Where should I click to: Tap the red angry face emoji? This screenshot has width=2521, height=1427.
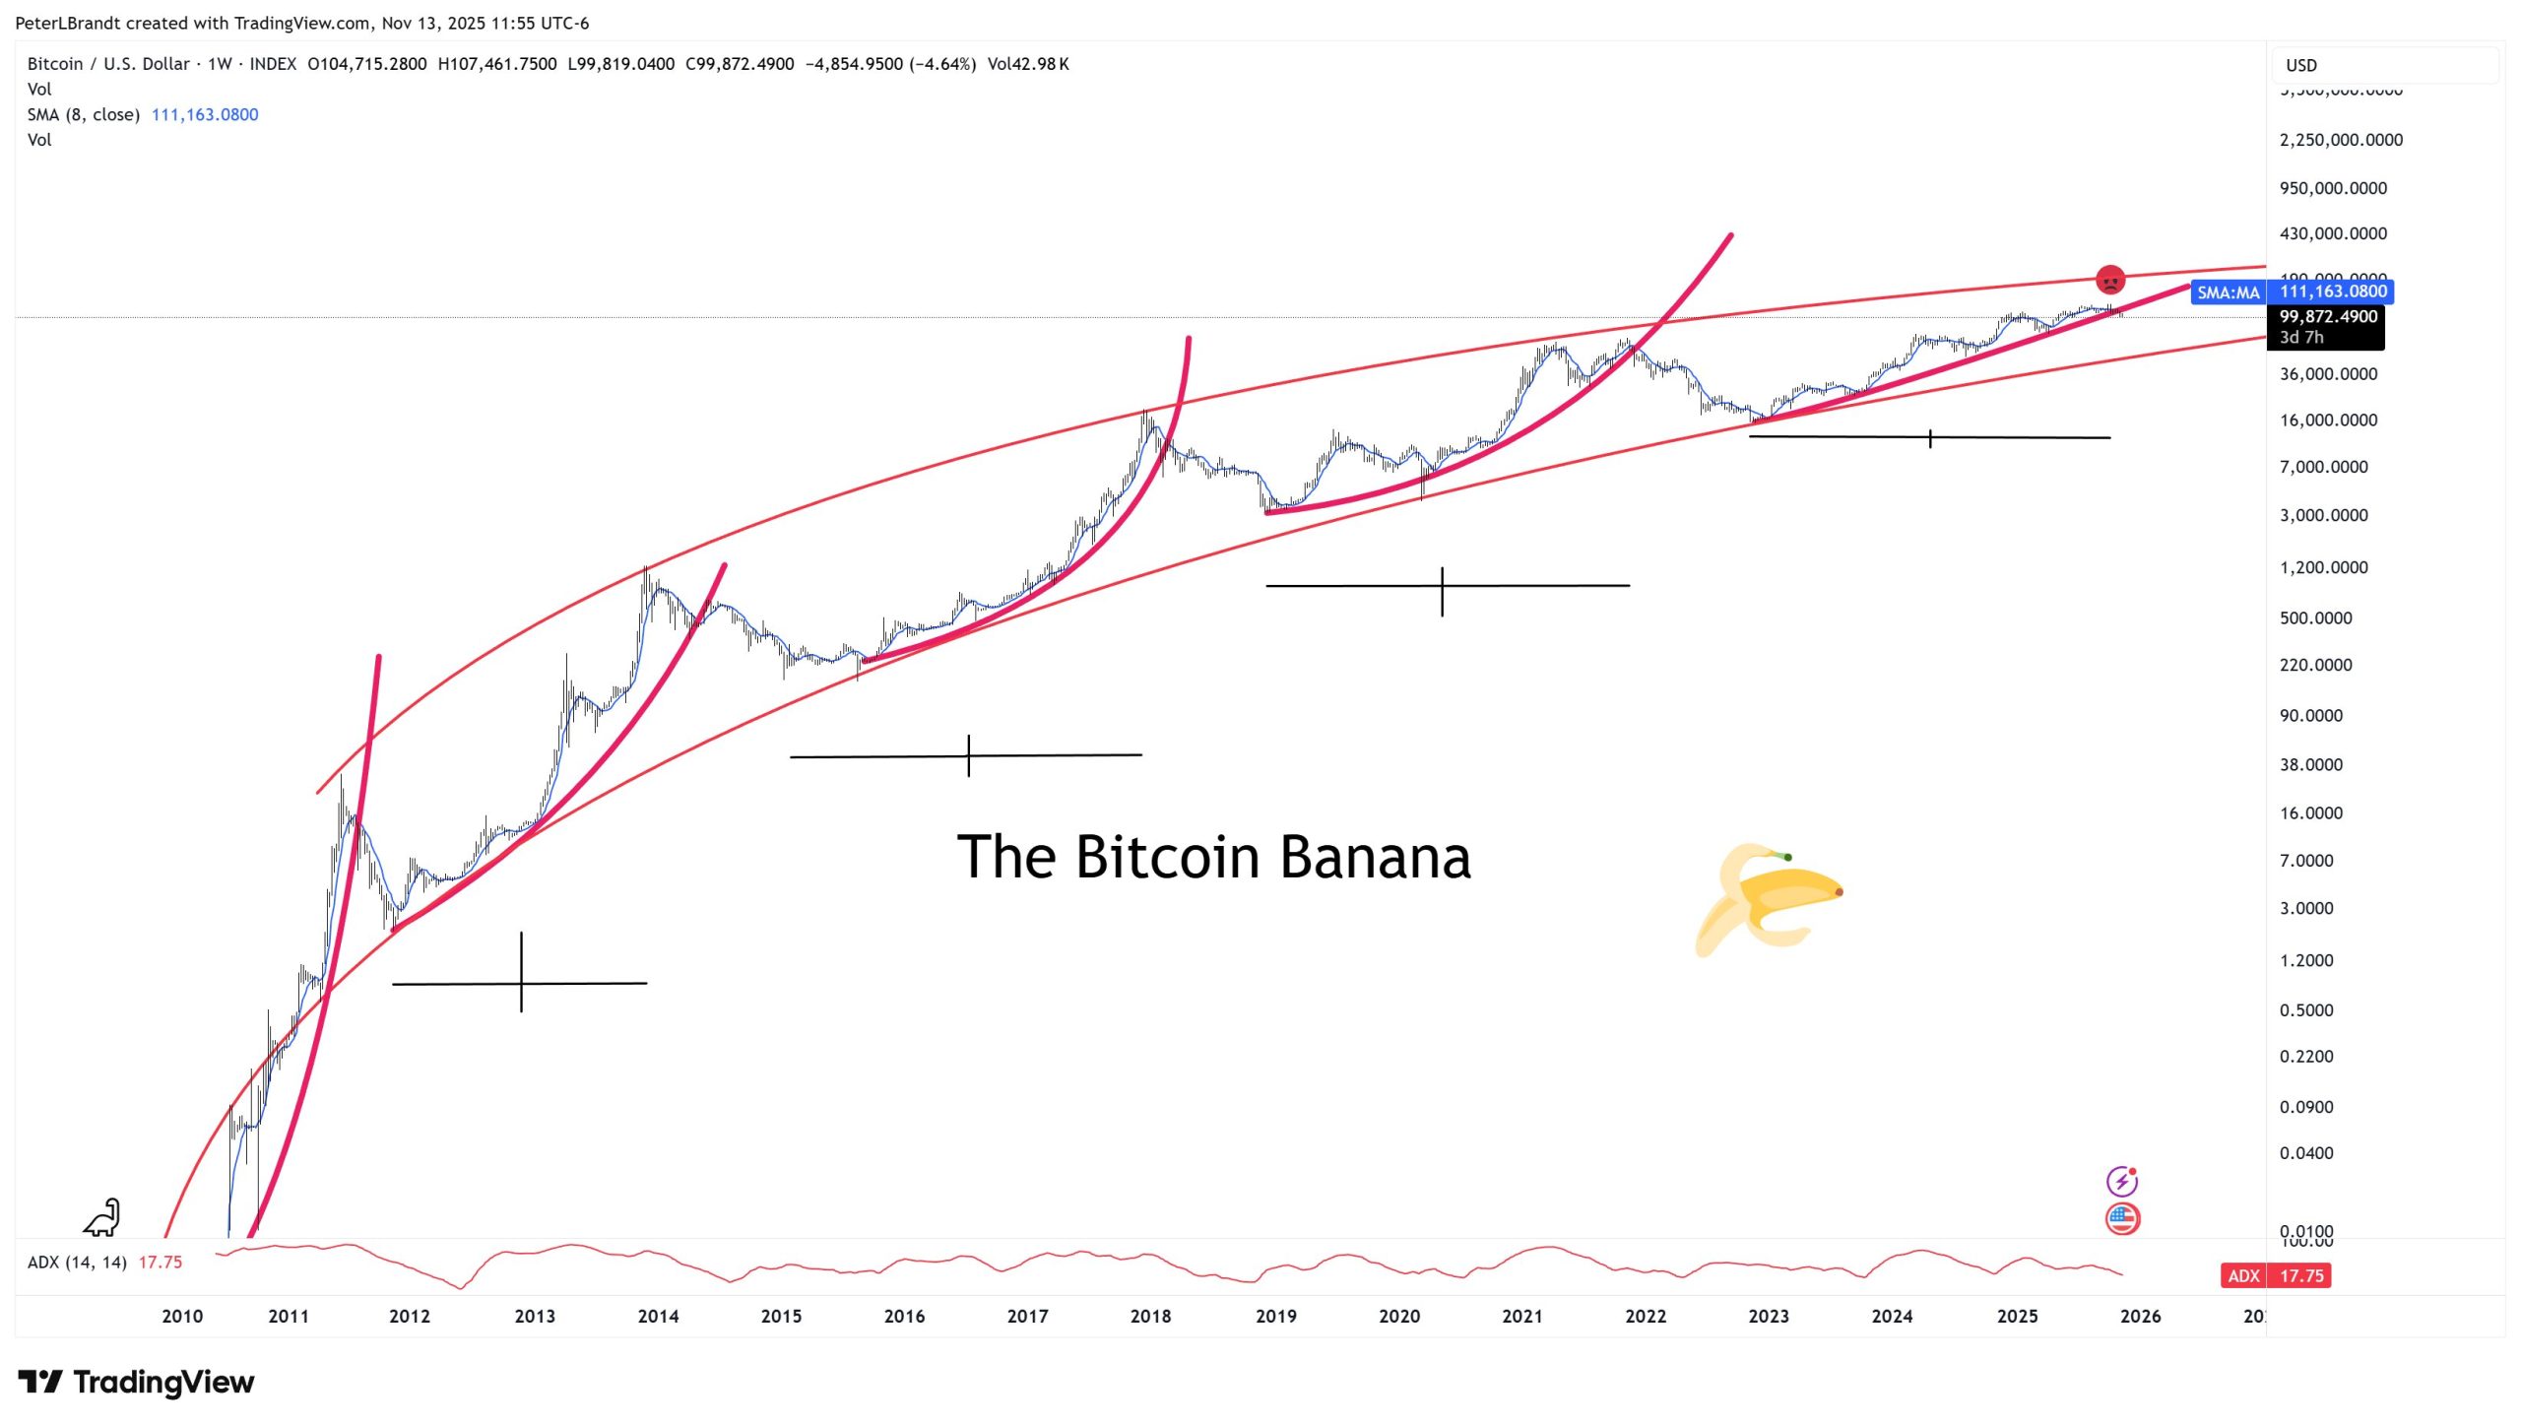tap(2109, 281)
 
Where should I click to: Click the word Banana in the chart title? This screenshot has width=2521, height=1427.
tap(1375, 857)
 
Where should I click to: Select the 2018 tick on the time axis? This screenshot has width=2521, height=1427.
tap(1150, 1316)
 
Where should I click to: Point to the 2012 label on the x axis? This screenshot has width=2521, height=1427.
tap(410, 1316)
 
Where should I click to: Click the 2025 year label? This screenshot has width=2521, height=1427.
tap(2017, 1316)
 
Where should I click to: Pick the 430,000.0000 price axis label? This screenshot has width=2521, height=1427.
tap(2333, 233)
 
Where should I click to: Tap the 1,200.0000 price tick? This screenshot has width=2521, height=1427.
tap(2323, 567)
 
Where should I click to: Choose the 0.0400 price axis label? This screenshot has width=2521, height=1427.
tap(2306, 1152)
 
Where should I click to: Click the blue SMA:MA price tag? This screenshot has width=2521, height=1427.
tap(2228, 292)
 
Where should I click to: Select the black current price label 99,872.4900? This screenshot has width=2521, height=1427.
tap(2328, 316)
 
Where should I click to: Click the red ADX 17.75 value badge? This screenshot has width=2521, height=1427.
tap(2275, 1275)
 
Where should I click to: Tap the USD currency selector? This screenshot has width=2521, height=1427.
tap(2301, 65)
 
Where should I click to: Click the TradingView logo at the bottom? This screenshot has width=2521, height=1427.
tap(137, 1382)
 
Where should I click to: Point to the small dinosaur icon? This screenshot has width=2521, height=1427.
tap(102, 1218)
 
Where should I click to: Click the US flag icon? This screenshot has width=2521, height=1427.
tap(2122, 1219)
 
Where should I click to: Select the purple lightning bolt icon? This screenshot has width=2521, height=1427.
tap(2121, 1181)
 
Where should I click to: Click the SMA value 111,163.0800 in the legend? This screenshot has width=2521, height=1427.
tap(205, 114)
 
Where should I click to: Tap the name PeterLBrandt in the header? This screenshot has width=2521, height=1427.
tap(68, 23)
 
